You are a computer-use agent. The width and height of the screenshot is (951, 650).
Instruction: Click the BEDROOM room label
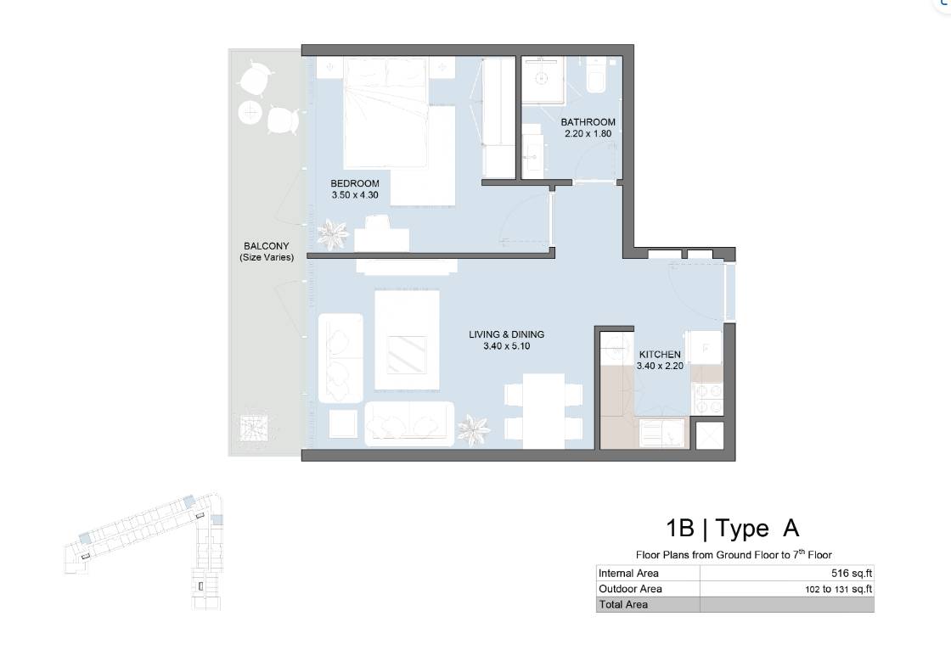[x=355, y=183]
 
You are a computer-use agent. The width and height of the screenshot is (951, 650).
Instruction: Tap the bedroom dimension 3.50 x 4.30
[x=355, y=195]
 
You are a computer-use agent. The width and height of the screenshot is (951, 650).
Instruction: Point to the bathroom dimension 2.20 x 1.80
[x=588, y=133]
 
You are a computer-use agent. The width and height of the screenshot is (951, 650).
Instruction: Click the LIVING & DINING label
[x=506, y=334]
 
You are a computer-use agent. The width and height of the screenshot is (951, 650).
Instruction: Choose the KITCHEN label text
[x=660, y=354]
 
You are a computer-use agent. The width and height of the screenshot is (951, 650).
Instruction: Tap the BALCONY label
[x=267, y=246]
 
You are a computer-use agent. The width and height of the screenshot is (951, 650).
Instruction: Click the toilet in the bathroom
[x=596, y=75]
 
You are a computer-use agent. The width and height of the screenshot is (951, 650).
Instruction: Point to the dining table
[x=543, y=411]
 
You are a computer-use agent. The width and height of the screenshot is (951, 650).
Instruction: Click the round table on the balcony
[x=250, y=112]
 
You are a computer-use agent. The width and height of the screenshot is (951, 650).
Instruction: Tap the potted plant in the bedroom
[x=332, y=233]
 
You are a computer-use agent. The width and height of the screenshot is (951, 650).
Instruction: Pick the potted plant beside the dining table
[x=473, y=430]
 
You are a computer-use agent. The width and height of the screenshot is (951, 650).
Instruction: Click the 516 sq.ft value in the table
[x=852, y=573]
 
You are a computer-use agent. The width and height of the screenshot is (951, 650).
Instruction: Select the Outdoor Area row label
[x=630, y=589]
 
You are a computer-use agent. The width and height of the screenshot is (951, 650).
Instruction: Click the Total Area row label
[x=623, y=604]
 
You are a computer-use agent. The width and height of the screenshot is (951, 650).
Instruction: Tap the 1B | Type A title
[x=732, y=528]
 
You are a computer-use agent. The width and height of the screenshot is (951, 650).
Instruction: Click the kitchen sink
[x=661, y=433]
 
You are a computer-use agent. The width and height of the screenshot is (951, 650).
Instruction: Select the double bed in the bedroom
[x=385, y=113]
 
